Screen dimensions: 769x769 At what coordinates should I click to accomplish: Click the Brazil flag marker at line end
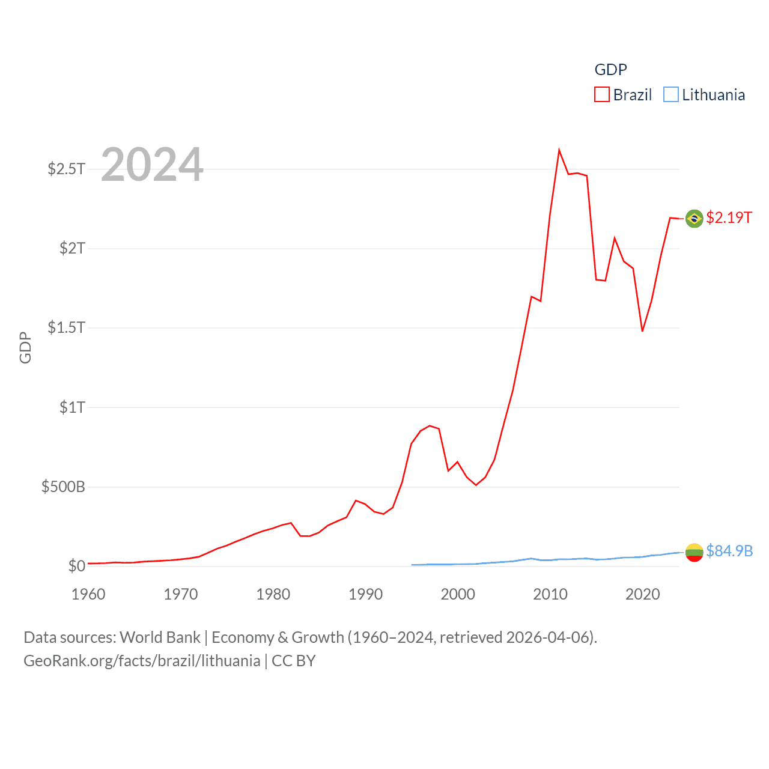694,219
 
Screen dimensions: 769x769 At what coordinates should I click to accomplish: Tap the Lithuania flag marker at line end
694,552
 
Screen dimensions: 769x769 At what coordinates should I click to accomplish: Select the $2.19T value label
729,217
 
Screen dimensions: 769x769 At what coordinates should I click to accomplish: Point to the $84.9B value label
729,551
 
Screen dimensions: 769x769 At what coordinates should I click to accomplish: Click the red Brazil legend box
601,95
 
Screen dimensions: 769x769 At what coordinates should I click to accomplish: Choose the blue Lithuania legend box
670,95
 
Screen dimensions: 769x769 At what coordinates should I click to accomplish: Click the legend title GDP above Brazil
610,70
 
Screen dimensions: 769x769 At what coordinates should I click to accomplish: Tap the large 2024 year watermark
152,165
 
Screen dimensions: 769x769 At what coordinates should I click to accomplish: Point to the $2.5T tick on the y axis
66,169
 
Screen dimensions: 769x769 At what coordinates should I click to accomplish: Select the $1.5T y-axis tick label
66,327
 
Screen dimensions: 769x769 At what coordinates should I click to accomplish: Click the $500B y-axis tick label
63,487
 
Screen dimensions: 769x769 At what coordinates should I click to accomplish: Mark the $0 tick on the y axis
76,566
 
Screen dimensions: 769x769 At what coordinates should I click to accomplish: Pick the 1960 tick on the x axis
88,594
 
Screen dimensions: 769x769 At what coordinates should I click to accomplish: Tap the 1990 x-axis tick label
365,594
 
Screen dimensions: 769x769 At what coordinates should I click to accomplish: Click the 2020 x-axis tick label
642,594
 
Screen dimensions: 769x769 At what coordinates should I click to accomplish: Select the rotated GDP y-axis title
25,347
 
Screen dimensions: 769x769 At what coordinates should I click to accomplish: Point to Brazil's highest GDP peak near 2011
559,150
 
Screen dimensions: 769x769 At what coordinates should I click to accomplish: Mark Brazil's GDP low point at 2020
642,330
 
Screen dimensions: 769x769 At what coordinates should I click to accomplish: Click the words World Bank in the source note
160,637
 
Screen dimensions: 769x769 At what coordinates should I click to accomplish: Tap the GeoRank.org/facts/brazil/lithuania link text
142,661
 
